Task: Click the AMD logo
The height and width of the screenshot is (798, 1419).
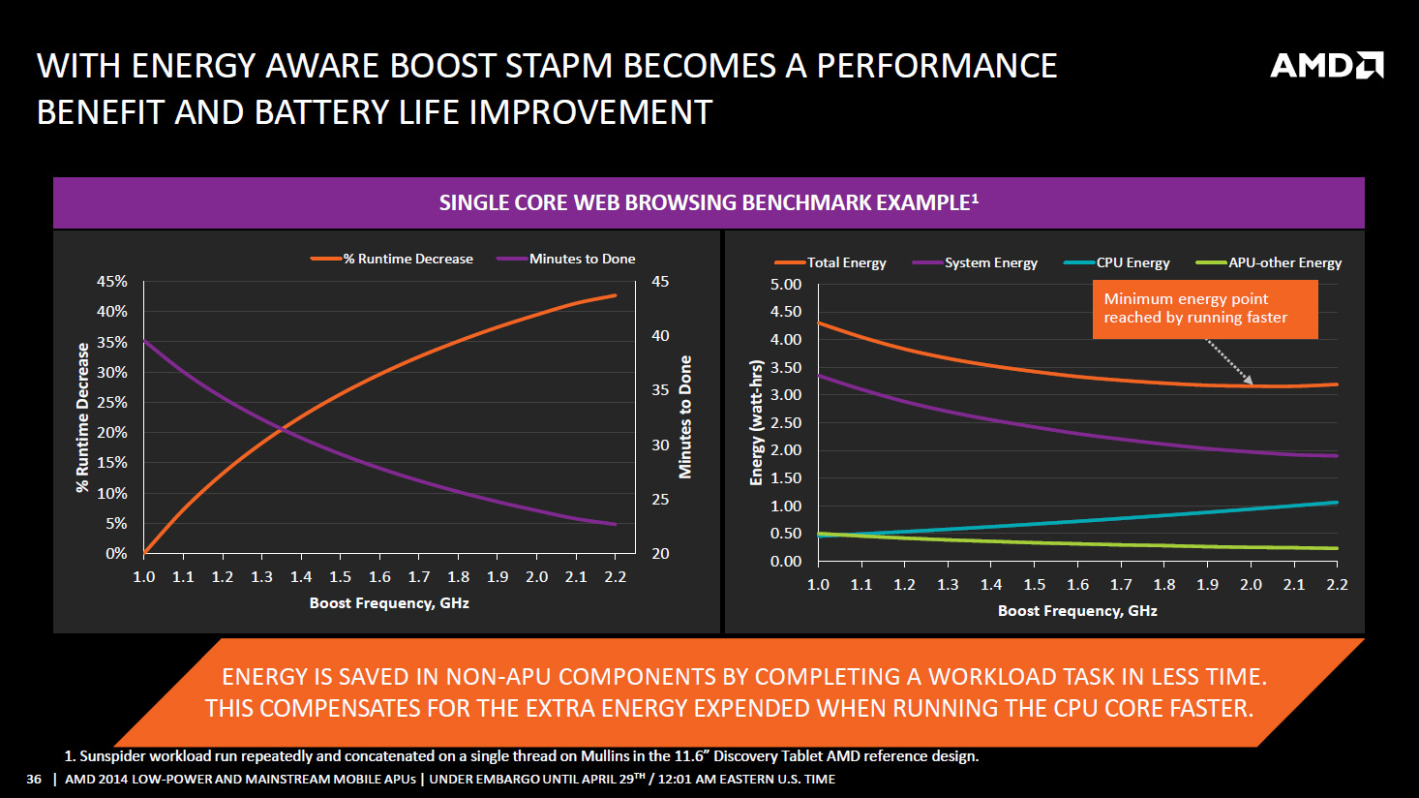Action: [1326, 65]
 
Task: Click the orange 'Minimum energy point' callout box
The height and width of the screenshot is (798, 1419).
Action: [1205, 309]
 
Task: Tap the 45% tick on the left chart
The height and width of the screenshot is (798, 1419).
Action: [112, 281]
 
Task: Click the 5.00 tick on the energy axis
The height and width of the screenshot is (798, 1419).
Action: [786, 284]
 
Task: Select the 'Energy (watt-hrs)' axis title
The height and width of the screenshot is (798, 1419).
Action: [757, 422]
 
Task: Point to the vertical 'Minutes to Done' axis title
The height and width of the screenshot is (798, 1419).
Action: [685, 416]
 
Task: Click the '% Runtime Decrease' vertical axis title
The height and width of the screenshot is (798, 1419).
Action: [83, 416]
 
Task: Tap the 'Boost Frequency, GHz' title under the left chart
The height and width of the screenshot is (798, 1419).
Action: [389, 603]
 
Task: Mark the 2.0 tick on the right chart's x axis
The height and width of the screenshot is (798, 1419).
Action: [1251, 585]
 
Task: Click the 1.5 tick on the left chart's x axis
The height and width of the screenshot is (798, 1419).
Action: [340, 577]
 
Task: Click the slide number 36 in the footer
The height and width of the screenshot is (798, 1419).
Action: [34, 780]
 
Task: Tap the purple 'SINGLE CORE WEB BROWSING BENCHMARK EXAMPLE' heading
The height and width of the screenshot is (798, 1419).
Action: [709, 202]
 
